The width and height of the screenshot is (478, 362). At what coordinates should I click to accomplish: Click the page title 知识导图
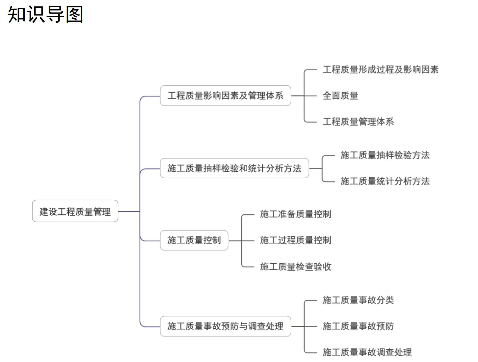(x=45, y=14)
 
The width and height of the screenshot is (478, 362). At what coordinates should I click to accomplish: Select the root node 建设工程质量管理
(x=75, y=211)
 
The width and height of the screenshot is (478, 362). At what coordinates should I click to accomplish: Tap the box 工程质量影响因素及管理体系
(x=225, y=96)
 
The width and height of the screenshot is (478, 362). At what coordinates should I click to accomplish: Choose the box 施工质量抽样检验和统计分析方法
(x=234, y=168)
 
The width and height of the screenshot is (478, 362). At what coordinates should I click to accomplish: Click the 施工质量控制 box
(x=194, y=240)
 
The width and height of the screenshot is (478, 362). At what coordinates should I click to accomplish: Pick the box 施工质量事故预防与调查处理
(x=225, y=326)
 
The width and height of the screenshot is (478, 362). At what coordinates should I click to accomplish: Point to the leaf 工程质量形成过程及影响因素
(x=380, y=69)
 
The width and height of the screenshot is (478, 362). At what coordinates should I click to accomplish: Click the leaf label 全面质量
(x=340, y=96)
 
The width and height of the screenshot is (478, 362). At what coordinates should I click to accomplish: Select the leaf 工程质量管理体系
(x=358, y=121)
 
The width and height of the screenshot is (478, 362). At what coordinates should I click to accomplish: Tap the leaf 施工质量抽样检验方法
(x=385, y=155)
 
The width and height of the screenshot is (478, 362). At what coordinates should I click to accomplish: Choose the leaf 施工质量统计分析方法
(x=385, y=181)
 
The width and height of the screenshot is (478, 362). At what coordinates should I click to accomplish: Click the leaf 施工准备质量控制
(x=295, y=214)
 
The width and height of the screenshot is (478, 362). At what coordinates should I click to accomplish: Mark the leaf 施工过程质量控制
(x=295, y=240)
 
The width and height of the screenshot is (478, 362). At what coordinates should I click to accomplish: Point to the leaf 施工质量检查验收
(x=295, y=266)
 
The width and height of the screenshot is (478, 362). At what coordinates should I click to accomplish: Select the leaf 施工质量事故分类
(x=358, y=300)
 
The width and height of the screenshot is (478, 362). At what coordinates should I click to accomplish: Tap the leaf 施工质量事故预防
(x=358, y=326)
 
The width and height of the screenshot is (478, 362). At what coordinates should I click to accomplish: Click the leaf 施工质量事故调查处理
(x=367, y=352)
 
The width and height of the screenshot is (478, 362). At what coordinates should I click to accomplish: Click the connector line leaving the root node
(x=129, y=212)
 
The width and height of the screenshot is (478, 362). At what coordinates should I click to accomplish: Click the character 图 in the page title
(x=74, y=14)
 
